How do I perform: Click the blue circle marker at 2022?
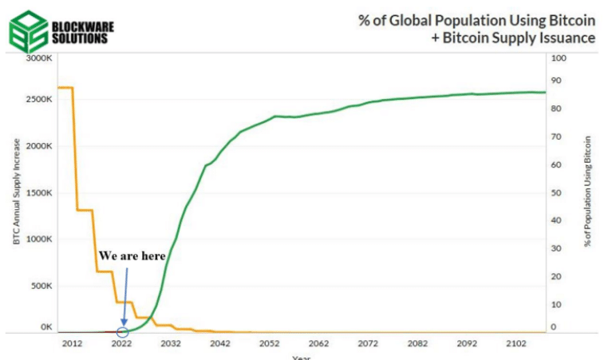coord(122,332)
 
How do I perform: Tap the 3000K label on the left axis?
coord(38,59)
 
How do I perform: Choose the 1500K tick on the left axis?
coord(38,193)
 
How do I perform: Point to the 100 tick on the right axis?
coord(559,59)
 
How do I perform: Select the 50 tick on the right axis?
coord(557,193)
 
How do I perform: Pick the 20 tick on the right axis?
coord(557,276)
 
